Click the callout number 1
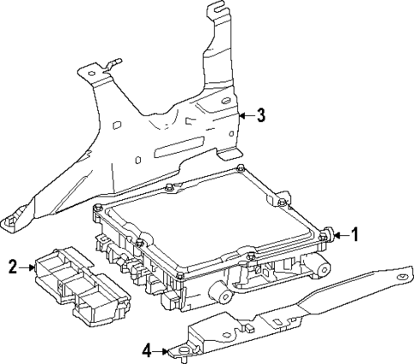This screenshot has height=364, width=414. pos(357,233)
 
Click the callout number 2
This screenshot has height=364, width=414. pos(13,267)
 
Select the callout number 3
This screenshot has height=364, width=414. pos(260,115)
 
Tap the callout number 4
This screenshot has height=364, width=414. pos(146,349)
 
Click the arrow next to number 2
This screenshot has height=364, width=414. pos(28,267)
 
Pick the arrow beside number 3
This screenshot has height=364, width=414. pos(244,115)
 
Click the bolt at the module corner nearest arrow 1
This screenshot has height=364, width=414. pos(327,232)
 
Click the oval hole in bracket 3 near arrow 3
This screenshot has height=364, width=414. pos(226,102)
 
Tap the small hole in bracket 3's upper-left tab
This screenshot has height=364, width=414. pos(90,76)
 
